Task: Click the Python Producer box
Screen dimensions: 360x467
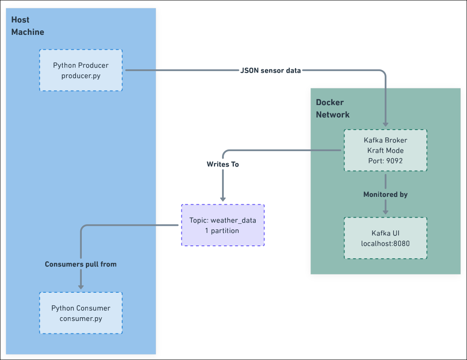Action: (x=81, y=70)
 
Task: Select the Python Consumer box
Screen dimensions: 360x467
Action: (x=81, y=313)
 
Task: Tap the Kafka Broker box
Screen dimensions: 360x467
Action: (x=385, y=150)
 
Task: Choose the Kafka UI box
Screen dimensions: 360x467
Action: (x=385, y=238)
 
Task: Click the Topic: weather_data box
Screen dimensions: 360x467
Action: (x=222, y=225)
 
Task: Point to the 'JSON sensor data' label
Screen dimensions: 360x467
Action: (x=271, y=71)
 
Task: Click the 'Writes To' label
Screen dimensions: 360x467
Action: (x=223, y=164)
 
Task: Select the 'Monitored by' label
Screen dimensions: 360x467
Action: (x=385, y=194)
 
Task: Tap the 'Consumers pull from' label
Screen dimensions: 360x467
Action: (x=81, y=264)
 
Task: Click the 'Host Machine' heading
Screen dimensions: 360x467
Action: (x=27, y=26)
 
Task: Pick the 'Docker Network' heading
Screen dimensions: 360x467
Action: (x=333, y=108)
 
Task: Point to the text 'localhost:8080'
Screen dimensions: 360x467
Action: (x=385, y=243)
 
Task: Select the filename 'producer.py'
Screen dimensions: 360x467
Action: (x=81, y=76)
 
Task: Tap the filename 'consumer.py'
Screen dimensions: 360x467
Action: (x=81, y=318)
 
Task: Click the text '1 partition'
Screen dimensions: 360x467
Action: (x=222, y=230)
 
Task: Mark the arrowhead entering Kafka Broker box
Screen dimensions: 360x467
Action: (x=385, y=124)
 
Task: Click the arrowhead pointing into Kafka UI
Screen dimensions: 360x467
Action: (x=385, y=212)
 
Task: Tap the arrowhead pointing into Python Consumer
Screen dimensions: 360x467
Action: (x=81, y=287)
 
